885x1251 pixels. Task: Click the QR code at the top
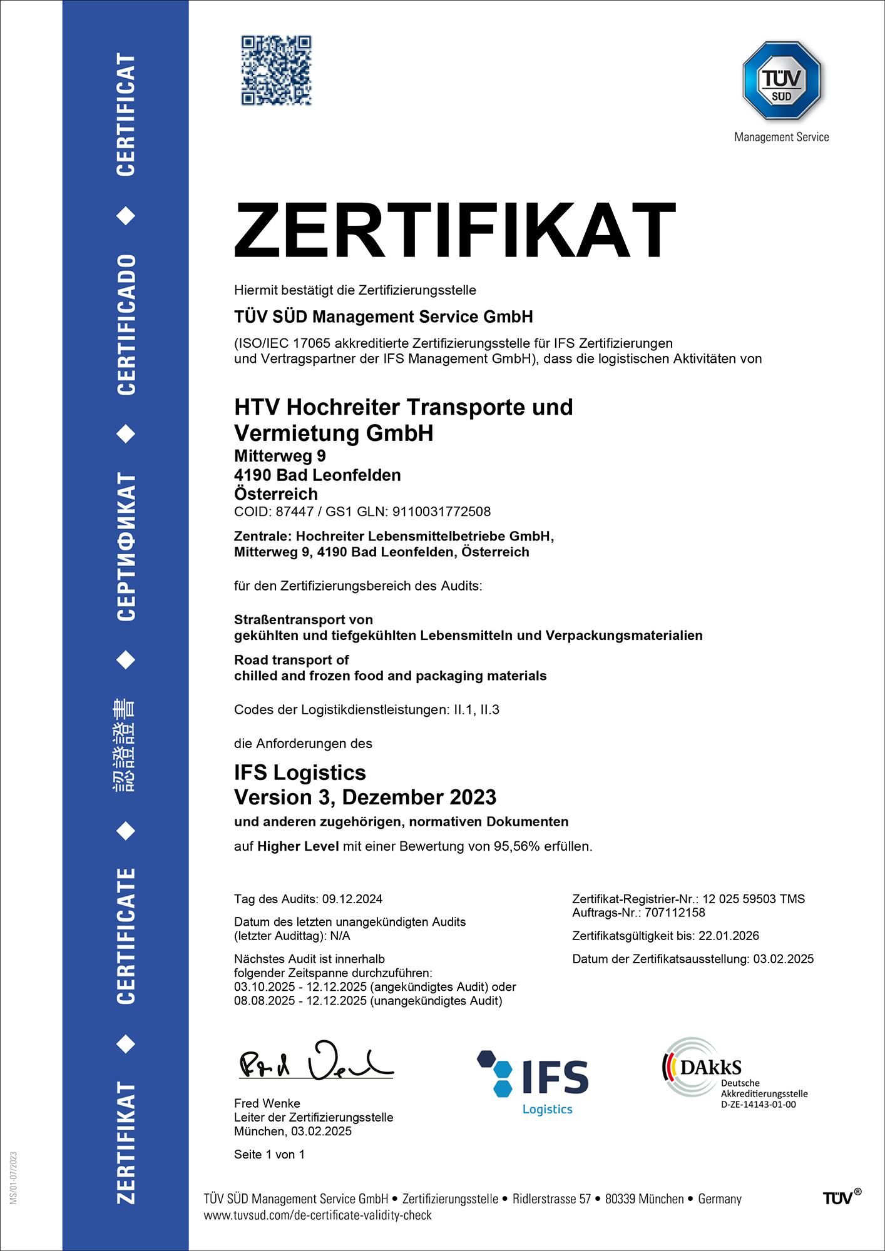pos(276,70)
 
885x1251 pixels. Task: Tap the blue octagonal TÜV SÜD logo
pos(781,81)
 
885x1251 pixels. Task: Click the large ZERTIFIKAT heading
pos(454,230)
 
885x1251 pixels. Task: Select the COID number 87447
pos(294,512)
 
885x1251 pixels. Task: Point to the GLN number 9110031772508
pos(441,512)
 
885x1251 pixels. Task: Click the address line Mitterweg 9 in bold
pos(280,456)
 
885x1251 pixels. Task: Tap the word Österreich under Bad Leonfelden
pos(275,494)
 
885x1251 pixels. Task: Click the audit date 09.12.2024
pos(352,899)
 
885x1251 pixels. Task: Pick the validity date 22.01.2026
pos(729,936)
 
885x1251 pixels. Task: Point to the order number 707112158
pos(675,913)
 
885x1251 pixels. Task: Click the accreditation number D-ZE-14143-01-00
pos(758,1105)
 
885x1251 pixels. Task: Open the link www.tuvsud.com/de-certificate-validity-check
pos(317,1215)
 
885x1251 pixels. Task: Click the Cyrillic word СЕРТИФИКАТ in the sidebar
pos(126,547)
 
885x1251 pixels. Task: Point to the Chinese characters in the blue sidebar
pos(124,745)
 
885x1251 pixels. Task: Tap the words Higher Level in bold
pos(298,846)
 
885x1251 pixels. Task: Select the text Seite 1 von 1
pos(269,1155)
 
